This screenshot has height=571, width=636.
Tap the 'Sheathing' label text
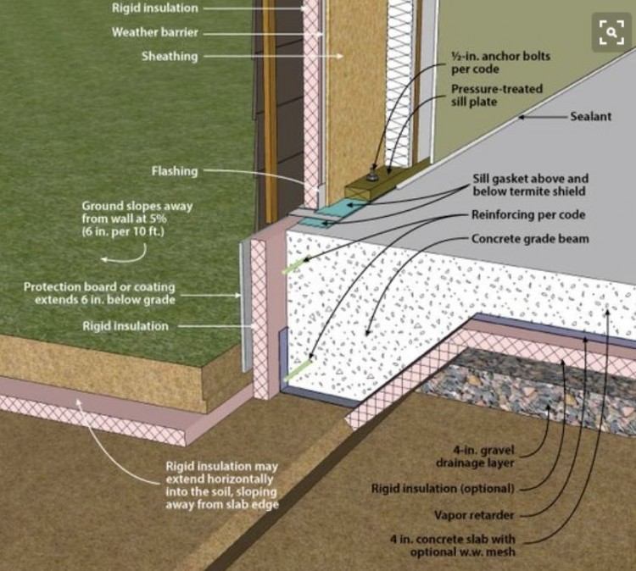170,57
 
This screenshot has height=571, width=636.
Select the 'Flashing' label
174,171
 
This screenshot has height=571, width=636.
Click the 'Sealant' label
590,116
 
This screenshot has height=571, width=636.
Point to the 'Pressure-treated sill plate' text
497,96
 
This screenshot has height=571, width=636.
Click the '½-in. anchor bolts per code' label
500,63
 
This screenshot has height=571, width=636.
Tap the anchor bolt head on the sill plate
372,176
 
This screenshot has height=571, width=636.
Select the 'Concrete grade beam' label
530,239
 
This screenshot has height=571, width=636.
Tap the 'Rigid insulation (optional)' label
443,489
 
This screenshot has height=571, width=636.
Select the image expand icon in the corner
611,32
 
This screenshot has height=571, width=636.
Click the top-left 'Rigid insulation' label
155,8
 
